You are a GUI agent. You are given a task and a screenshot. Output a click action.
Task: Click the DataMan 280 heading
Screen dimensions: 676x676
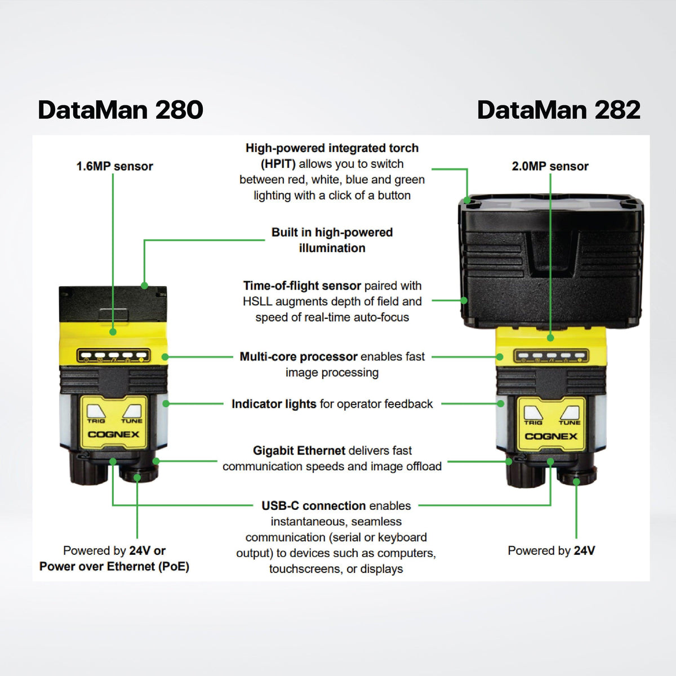point(121,110)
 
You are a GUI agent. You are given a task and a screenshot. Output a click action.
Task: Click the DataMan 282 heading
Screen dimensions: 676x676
point(558,110)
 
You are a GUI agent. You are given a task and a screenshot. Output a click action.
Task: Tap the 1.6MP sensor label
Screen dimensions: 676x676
point(114,166)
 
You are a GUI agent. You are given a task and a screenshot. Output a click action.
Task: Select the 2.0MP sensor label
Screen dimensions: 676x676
point(550,166)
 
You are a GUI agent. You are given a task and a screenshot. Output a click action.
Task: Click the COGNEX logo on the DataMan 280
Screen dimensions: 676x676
point(113,434)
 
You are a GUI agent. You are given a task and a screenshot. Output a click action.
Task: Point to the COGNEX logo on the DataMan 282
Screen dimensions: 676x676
point(551,436)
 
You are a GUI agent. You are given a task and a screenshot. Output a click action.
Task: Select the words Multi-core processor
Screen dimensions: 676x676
point(299,357)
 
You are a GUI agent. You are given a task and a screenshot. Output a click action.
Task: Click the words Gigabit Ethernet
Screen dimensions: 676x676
point(299,451)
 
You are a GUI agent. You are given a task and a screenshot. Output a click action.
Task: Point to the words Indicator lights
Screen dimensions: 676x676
point(274,404)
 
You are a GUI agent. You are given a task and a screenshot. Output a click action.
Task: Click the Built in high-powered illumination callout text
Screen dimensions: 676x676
point(332,240)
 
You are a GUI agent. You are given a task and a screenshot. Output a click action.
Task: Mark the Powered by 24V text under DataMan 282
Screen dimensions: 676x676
point(551,550)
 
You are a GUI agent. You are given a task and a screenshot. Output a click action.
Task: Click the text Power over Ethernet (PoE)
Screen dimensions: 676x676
point(114,566)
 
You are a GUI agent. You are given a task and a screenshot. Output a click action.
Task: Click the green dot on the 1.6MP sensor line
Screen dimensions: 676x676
point(113,332)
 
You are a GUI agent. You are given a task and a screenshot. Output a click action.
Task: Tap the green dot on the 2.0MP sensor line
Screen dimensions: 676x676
point(550,337)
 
